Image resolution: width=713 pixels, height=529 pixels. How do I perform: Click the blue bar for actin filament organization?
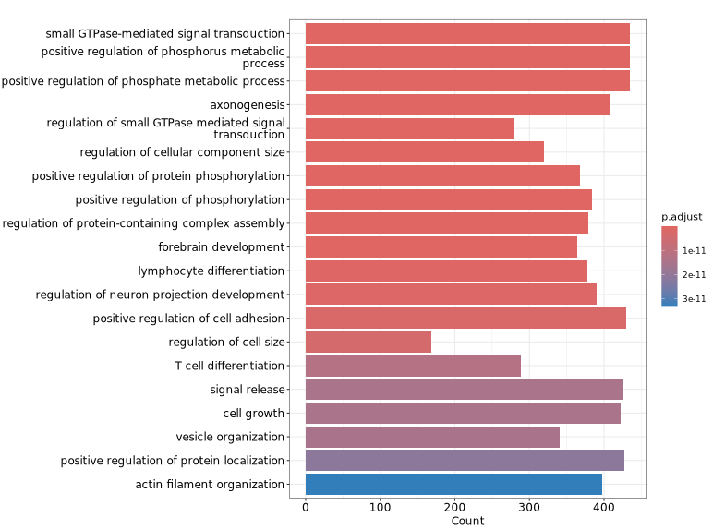(x=453, y=484)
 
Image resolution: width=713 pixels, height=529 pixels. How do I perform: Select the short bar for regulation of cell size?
(x=369, y=342)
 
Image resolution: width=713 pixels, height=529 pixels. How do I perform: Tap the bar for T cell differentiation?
(x=413, y=366)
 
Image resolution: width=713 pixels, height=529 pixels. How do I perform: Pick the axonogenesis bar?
(x=457, y=104)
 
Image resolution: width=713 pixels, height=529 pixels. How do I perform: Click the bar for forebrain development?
(x=441, y=246)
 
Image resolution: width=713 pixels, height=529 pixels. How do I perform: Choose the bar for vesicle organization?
(x=432, y=437)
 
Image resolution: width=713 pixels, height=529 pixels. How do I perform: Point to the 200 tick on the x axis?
(x=454, y=506)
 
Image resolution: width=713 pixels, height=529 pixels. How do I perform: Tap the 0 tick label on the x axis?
(x=306, y=506)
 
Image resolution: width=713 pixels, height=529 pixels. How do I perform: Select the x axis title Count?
(x=467, y=521)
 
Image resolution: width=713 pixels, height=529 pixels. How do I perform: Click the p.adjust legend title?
(x=682, y=216)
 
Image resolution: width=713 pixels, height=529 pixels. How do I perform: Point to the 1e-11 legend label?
(x=695, y=250)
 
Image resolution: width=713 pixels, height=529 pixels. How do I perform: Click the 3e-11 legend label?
(x=695, y=298)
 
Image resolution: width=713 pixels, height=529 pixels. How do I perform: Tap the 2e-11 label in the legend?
(x=695, y=274)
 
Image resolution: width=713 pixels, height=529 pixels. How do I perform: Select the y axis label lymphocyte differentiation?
(x=211, y=271)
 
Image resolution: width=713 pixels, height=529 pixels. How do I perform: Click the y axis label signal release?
(x=247, y=390)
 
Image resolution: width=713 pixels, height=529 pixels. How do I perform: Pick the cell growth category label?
(x=253, y=413)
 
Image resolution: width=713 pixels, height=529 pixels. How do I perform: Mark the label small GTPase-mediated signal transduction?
(x=165, y=33)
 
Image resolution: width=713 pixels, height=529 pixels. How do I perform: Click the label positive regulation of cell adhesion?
(x=188, y=318)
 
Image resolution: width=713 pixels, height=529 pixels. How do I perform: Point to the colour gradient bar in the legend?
(x=670, y=266)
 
